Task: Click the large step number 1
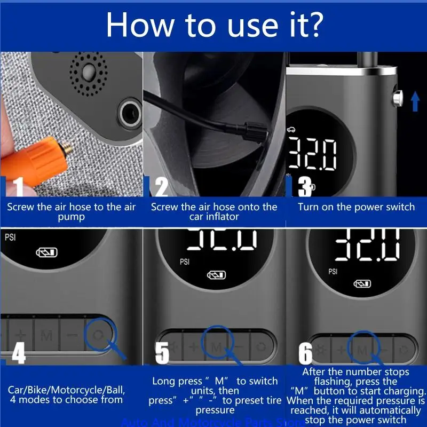[18, 187]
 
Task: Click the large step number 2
[161, 187]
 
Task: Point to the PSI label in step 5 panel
[185, 262]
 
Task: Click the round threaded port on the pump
[128, 113]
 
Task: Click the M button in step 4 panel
[46, 336]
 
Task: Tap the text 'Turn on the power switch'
[356, 207]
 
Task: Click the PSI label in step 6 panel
[333, 271]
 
